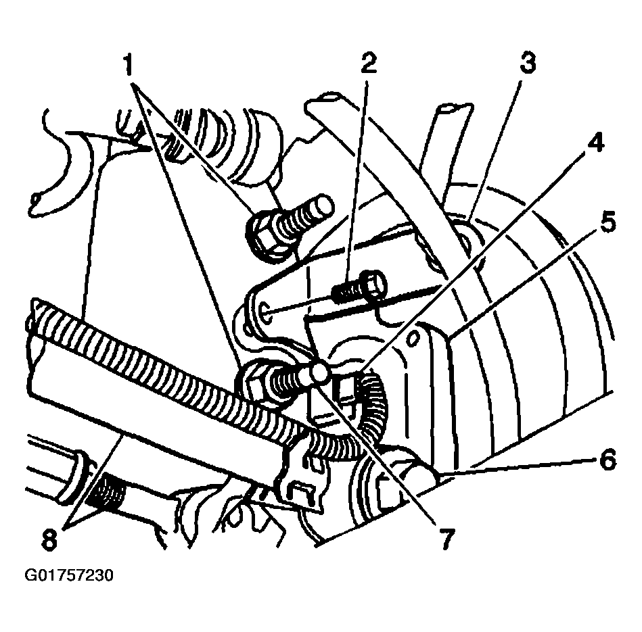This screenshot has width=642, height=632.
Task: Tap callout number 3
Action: (528, 64)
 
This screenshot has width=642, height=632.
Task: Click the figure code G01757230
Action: (69, 575)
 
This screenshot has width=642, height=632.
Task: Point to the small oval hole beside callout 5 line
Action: (414, 339)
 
